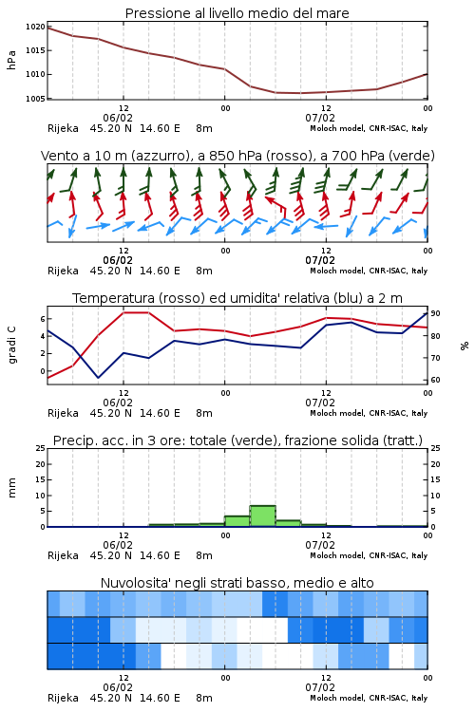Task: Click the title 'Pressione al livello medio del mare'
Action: point(237,13)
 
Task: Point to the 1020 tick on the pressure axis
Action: point(35,27)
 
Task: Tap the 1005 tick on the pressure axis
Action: point(35,99)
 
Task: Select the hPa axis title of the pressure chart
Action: point(11,60)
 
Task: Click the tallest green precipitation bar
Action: point(263,516)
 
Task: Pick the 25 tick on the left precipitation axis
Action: point(41,448)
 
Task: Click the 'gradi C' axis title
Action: point(12,346)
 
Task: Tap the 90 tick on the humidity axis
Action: point(435,313)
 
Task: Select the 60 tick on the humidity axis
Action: point(435,380)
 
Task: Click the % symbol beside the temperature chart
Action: point(465,346)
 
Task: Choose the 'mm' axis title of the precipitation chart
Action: point(11,488)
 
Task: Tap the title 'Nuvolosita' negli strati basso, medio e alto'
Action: point(237,583)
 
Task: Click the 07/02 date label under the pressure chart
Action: point(320,118)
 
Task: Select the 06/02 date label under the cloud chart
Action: point(118,687)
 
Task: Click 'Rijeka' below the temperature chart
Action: point(63,413)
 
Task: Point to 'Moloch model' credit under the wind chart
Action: point(337,271)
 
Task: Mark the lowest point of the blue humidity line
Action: point(98,377)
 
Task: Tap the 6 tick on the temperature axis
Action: point(43,319)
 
